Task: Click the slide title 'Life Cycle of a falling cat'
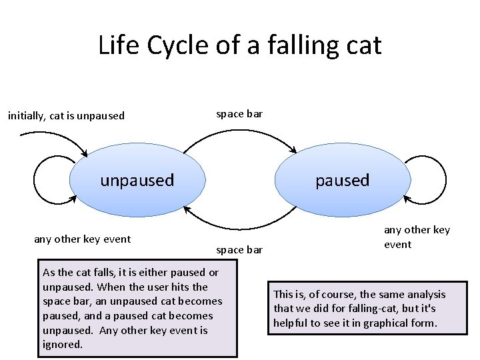tap(239, 45)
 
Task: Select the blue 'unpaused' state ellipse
tap(137, 180)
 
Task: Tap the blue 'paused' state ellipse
tap(343, 180)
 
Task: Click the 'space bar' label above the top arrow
tap(240, 113)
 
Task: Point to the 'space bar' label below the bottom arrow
tap(240, 249)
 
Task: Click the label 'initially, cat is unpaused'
tap(66, 115)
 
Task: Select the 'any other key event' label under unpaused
tap(82, 239)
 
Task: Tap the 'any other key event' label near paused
tap(417, 237)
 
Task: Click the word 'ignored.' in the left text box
tap(62, 345)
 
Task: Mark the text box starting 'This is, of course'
tap(367, 308)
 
